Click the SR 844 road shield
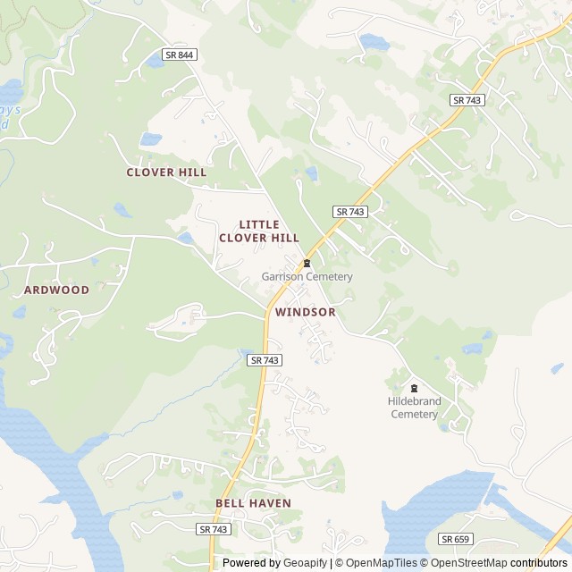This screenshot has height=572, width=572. (x=180, y=55)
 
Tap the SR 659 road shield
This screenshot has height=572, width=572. (x=455, y=539)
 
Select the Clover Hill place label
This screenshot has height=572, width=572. (x=166, y=172)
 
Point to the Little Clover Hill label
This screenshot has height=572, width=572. (x=259, y=231)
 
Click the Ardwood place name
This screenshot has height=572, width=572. (x=56, y=290)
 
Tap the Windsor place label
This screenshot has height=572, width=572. (x=306, y=312)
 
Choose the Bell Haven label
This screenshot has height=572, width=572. (x=253, y=503)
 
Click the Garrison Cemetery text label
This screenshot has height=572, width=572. (x=307, y=277)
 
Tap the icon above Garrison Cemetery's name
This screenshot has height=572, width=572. (x=307, y=263)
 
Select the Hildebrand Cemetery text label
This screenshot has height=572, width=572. (x=415, y=408)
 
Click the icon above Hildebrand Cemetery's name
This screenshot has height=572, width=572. (x=414, y=388)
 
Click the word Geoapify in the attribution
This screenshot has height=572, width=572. (x=305, y=563)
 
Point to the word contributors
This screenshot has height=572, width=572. (x=539, y=563)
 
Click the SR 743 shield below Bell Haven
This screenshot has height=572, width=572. (x=214, y=529)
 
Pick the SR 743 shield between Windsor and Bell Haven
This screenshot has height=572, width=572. (x=265, y=359)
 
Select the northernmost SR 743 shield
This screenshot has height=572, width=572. (x=467, y=100)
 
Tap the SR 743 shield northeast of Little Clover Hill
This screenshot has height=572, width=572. (x=350, y=212)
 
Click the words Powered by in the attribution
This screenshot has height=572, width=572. (x=251, y=563)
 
